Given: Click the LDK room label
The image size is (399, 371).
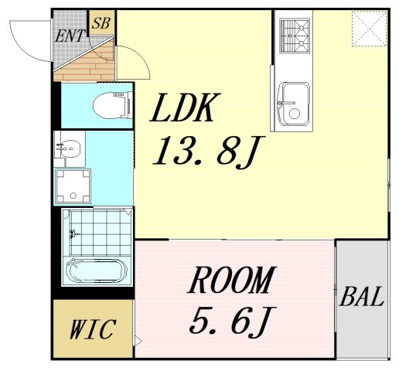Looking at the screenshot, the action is click(x=186, y=107).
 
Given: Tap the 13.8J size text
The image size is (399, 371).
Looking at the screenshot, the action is click(x=208, y=151).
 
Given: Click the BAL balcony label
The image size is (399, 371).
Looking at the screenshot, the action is click(x=361, y=297).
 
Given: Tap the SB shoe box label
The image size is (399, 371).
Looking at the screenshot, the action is click(x=101, y=23).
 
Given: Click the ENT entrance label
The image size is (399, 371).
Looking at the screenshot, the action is click(x=70, y=36).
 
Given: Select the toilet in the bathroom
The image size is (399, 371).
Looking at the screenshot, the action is click(x=113, y=105).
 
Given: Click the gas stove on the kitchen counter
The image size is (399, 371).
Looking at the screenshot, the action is click(x=295, y=36).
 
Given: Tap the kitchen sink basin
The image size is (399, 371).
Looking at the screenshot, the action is click(x=294, y=104).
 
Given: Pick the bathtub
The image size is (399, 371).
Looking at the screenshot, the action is click(x=97, y=271).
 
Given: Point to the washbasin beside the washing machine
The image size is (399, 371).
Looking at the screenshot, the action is click(x=69, y=149).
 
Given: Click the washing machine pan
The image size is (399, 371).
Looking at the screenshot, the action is click(x=73, y=186).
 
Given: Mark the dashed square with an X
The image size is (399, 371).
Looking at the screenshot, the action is click(x=370, y=29).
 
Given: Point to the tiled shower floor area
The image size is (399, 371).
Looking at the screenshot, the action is click(x=101, y=233).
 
